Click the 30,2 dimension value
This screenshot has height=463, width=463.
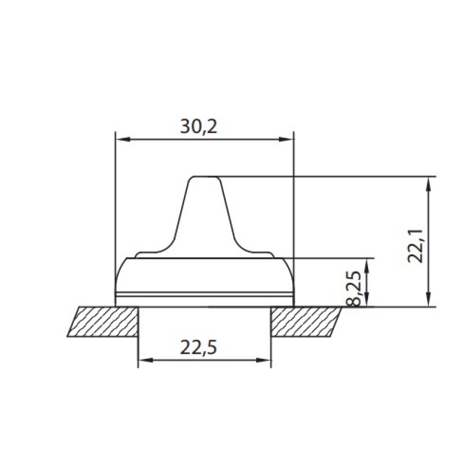click(x=199, y=127)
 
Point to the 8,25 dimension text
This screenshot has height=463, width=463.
click(x=353, y=288)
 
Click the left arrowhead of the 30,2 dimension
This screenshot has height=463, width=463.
click(x=123, y=139)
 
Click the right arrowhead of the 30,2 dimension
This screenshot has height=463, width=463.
click(x=286, y=139)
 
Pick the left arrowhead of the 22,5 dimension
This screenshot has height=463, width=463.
click(x=146, y=360)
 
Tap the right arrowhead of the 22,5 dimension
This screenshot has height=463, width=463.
click(x=263, y=360)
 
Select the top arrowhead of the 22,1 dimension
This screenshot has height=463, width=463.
click(x=429, y=184)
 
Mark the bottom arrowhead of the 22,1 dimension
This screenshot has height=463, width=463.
click(x=429, y=299)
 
